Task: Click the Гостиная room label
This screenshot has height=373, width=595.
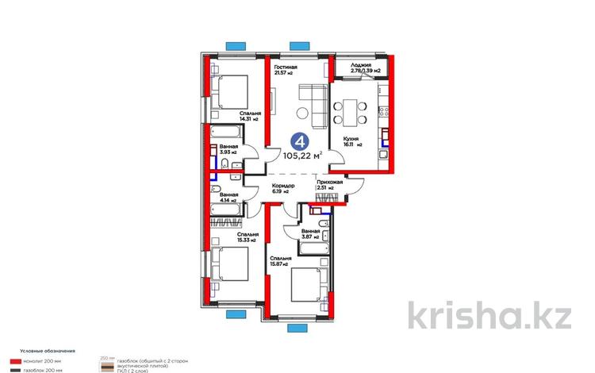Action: pos(286,68)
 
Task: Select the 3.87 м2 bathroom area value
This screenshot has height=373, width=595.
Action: pos(309,236)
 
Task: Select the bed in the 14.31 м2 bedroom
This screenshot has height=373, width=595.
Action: pos(232,90)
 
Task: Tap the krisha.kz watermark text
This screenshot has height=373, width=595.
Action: pos(489,315)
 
